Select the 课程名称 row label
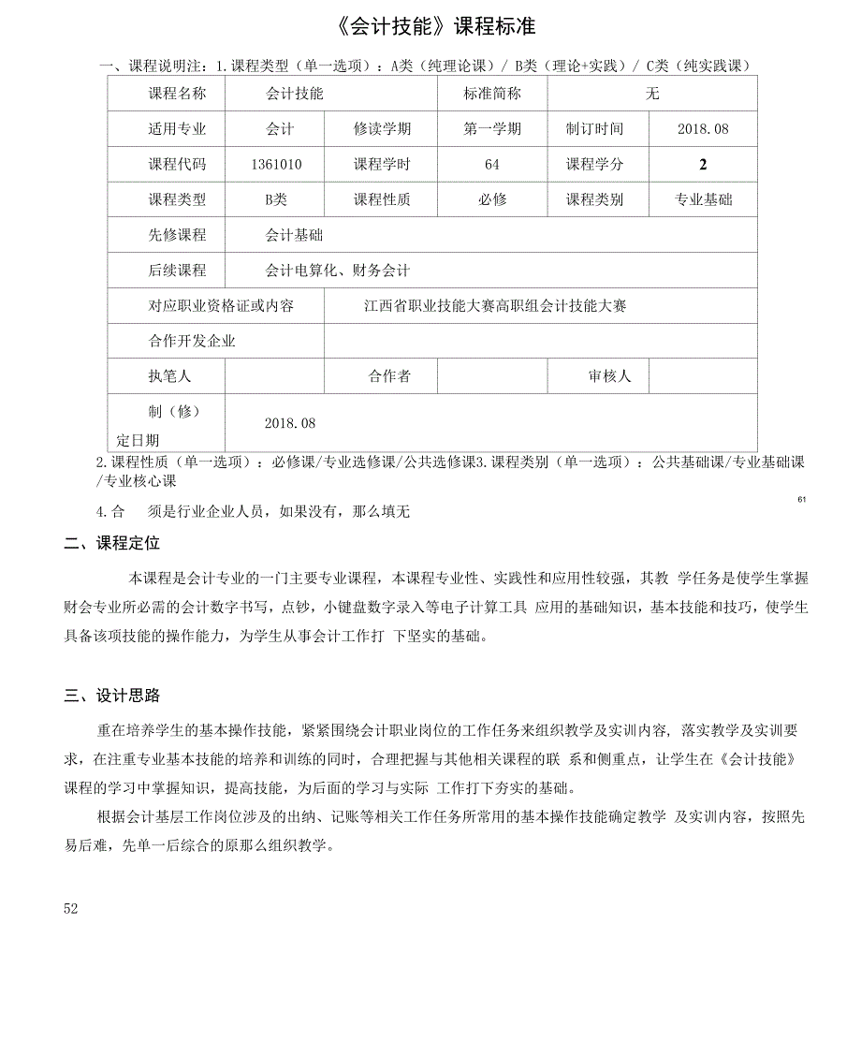click(x=177, y=94)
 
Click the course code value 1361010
click(x=276, y=164)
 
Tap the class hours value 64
click(x=492, y=164)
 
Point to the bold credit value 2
click(x=703, y=165)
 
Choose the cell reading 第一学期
click(x=492, y=129)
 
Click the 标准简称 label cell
click(x=492, y=94)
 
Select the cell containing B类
click(x=276, y=199)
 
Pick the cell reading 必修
click(x=492, y=199)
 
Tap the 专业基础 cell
click(x=703, y=199)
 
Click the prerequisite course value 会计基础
click(x=294, y=235)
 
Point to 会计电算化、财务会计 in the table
click(x=337, y=271)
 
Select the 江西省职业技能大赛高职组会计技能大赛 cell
click(x=495, y=306)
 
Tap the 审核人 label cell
click(x=609, y=376)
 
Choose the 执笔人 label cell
click(x=169, y=376)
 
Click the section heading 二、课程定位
click(x=112, y=544)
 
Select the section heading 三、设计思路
click(x=112, y=696)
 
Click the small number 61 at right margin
click(x=802, y=500)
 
